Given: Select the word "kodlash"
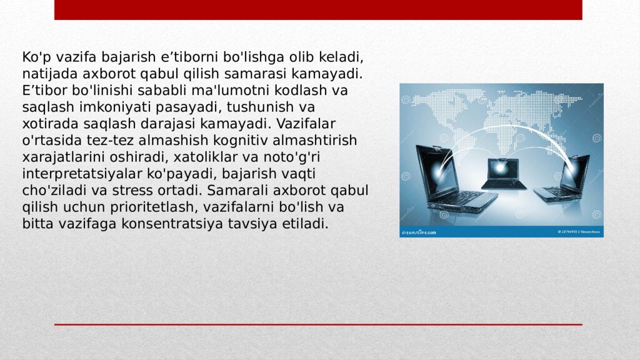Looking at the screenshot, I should pyautogui.click(x=306, y=91).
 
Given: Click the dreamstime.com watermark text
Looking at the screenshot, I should pyautogui.click(x=418, y=232).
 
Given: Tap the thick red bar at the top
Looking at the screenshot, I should pyautogui.click(x=318, y=9).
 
